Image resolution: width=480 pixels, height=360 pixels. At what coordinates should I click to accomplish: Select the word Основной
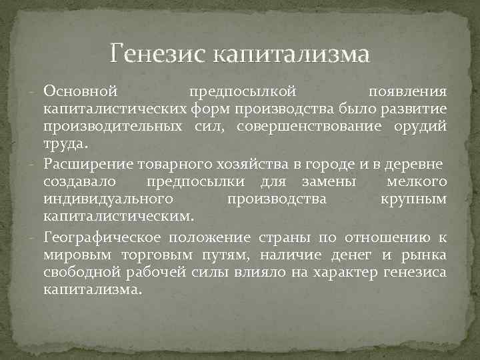pyautogui.click(x=81, y=91)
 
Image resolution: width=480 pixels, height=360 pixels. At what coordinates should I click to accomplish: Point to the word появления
pyautogui.click(x=408, y=91)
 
